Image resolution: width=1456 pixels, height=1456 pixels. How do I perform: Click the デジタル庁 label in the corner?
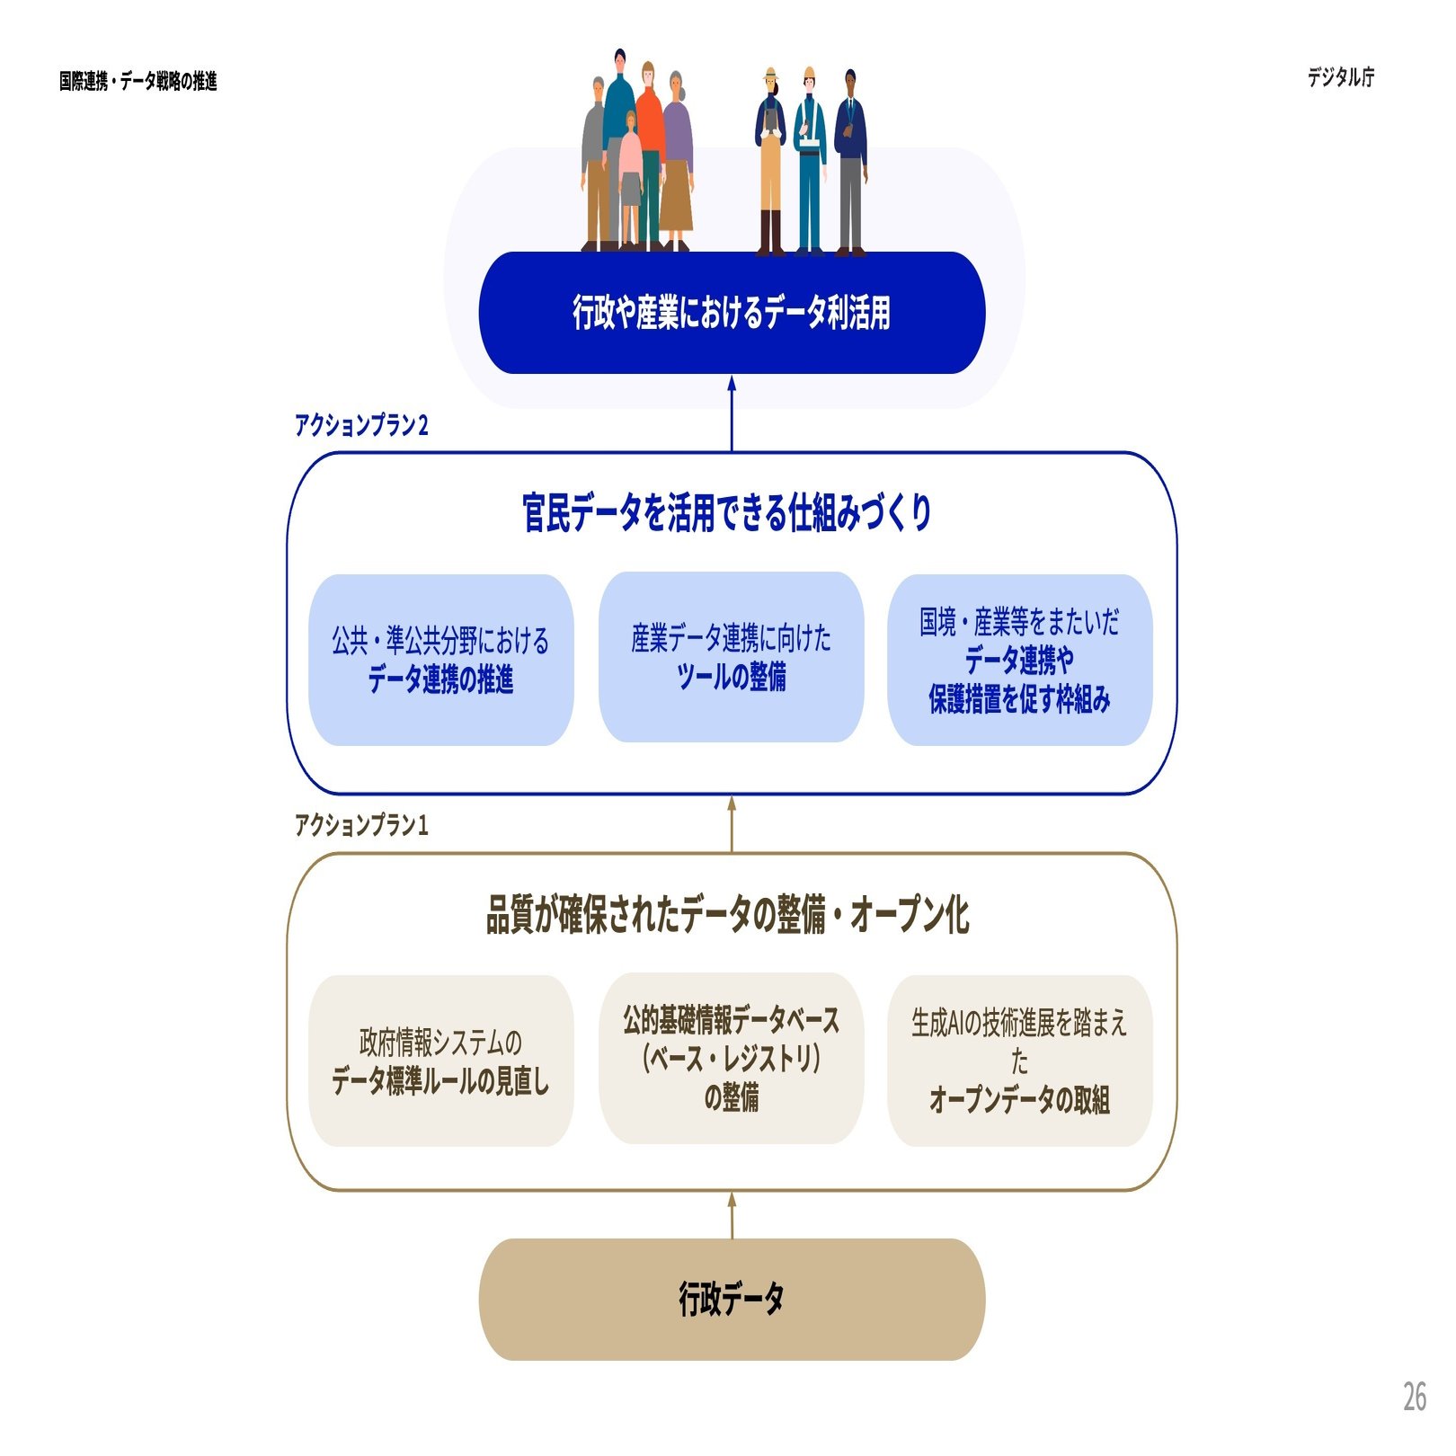(x=1340, y=77)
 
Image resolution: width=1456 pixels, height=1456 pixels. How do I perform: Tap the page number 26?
(x=1414, y=1397)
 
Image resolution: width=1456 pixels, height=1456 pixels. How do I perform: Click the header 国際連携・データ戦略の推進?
(x=138, y=82)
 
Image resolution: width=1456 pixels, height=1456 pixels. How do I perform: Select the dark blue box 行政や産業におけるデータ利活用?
(x=732, y=313)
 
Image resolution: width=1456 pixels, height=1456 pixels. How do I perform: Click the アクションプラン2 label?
(x=361, y=425)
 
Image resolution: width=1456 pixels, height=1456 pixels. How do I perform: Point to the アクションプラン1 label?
(x=361, y=825)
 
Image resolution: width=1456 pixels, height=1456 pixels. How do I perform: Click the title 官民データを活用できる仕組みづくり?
(x=726, y=513)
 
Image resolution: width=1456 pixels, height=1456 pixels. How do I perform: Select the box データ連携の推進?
(x=440, y=661)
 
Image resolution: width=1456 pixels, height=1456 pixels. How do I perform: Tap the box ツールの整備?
(x=731, y=657)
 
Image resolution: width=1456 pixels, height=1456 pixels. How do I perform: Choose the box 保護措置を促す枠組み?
(x=1019, y=661)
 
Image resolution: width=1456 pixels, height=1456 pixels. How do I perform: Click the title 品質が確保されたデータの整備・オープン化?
(x=727, y=915)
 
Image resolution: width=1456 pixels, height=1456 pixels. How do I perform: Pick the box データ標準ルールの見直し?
(x=440, y=1061)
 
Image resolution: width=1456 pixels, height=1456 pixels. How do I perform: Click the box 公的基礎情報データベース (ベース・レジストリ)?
(x=731, y=1059)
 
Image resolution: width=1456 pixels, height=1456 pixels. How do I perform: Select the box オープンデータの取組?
(x=1019, y=1061)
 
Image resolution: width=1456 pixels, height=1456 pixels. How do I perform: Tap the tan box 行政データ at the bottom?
(x=732, y=1300)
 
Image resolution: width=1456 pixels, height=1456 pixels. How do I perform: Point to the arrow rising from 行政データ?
(x=732, y=1215)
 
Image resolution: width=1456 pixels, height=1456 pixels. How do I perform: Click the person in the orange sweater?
(x=649, y=135)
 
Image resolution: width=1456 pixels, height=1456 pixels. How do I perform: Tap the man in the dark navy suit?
(x=850, y=153)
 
